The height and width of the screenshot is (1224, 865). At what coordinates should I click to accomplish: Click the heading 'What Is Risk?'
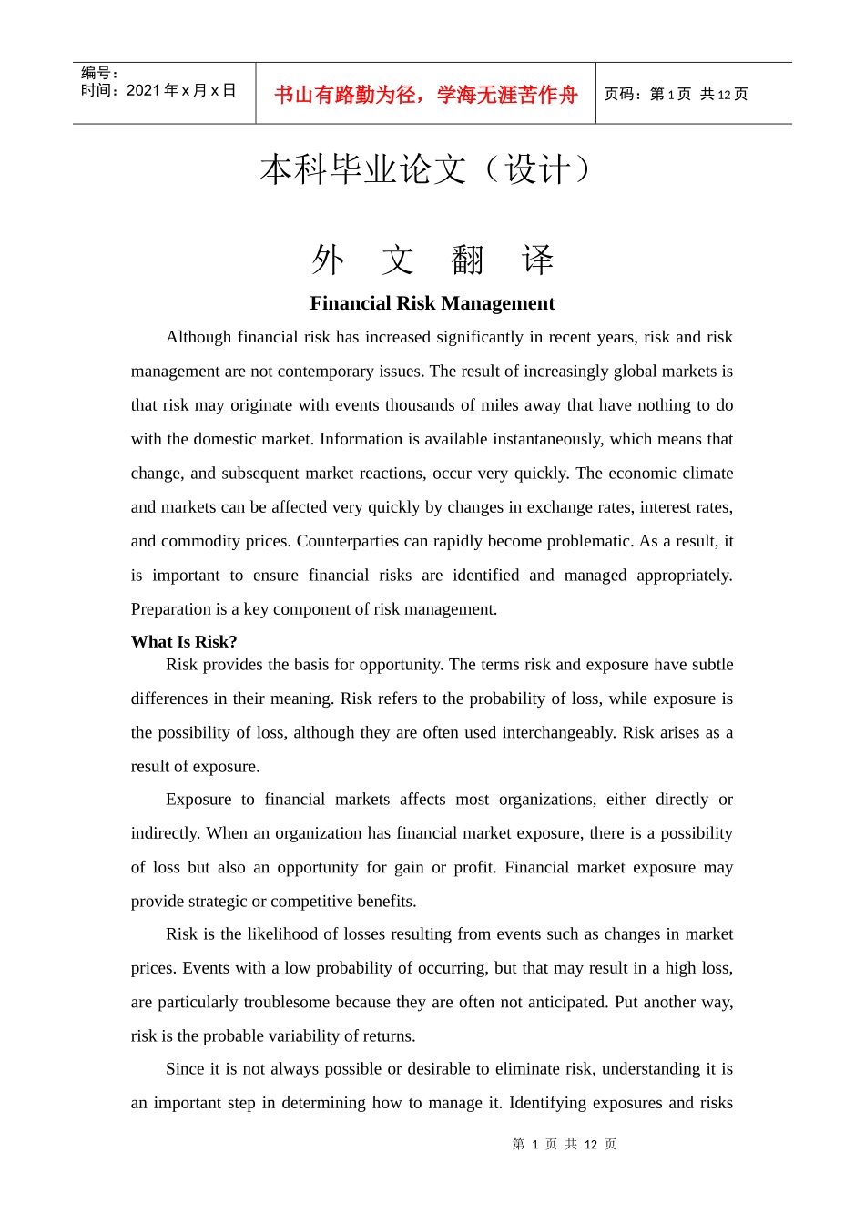[184, 642]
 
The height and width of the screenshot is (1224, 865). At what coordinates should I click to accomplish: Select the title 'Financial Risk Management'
[432, 303]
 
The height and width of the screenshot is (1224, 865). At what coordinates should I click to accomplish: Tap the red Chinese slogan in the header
[426, 95]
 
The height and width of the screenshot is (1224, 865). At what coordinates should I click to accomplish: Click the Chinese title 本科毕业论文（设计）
[426, 170]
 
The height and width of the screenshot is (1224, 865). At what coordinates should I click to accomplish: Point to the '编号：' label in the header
[100, 73]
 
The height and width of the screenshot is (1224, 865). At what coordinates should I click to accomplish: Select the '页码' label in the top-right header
[621, 95]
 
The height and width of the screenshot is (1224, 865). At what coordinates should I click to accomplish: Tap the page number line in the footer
[565, 1144]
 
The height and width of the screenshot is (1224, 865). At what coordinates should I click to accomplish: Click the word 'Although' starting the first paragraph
[198, 337]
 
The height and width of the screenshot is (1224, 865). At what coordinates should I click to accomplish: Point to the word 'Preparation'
[171, 609]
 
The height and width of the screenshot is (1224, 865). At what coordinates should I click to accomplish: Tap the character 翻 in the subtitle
[468, 261]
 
